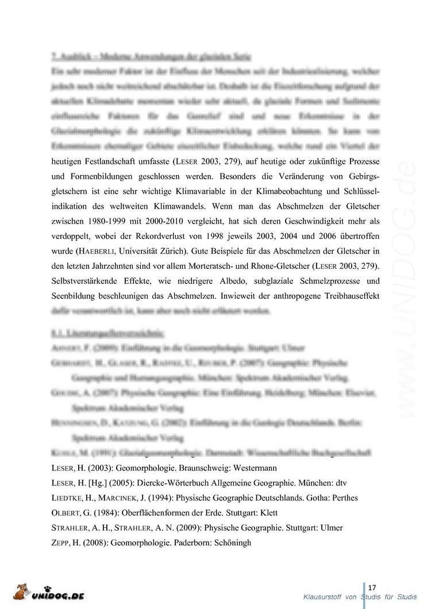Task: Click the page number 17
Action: pyautogui.click(x=372, y=587)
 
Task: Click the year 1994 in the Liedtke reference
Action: pyautogui.click(x=159, y=497)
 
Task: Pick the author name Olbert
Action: pyautogui.click(x=65, y=512)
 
